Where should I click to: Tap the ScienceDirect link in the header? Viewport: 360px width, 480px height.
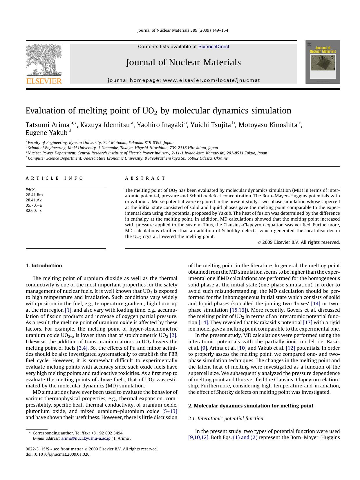coord(214,47)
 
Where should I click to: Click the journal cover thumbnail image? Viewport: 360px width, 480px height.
coord(322,62)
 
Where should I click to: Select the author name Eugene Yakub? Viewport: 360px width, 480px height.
coord(46,133)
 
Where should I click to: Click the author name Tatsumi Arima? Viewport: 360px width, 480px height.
coord(48,125)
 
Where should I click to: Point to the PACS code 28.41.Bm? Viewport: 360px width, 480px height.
coord(34,195)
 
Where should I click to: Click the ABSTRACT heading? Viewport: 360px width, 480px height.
coord(145,178)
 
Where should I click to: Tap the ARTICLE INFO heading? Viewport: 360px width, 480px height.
coord(54,178)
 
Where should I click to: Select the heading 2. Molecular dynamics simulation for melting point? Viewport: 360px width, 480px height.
coord(250,406)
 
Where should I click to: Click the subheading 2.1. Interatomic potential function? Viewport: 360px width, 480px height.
coord(225,418)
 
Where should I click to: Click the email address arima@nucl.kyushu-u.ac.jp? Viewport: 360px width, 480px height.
coord(86,439)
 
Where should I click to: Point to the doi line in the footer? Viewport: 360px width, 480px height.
coord(57,454)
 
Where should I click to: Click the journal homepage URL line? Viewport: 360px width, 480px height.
coord(184,80)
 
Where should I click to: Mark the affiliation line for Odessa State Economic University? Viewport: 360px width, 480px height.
coord(128,158)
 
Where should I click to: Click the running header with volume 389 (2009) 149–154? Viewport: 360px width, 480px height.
coord(182,30)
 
